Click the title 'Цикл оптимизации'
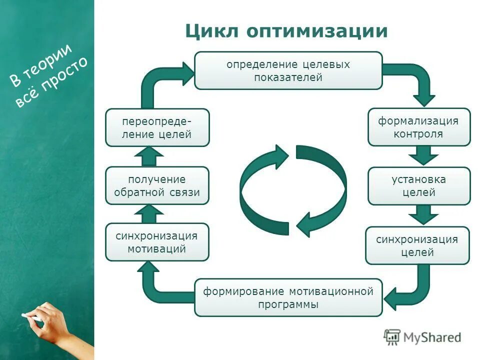(286, 31)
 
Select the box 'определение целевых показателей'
(288, 70)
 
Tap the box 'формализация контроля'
(419, 127)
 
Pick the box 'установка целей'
(419, 185)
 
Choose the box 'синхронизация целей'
(417, 245)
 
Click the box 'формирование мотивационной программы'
(288, 297)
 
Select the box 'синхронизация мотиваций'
(157, 242)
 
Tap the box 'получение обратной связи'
(157, 185)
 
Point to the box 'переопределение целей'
(157, 127)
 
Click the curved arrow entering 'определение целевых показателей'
(160, 80)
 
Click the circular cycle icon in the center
(293, 191)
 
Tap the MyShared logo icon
(392, 337)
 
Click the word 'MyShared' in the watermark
(432, 337)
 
